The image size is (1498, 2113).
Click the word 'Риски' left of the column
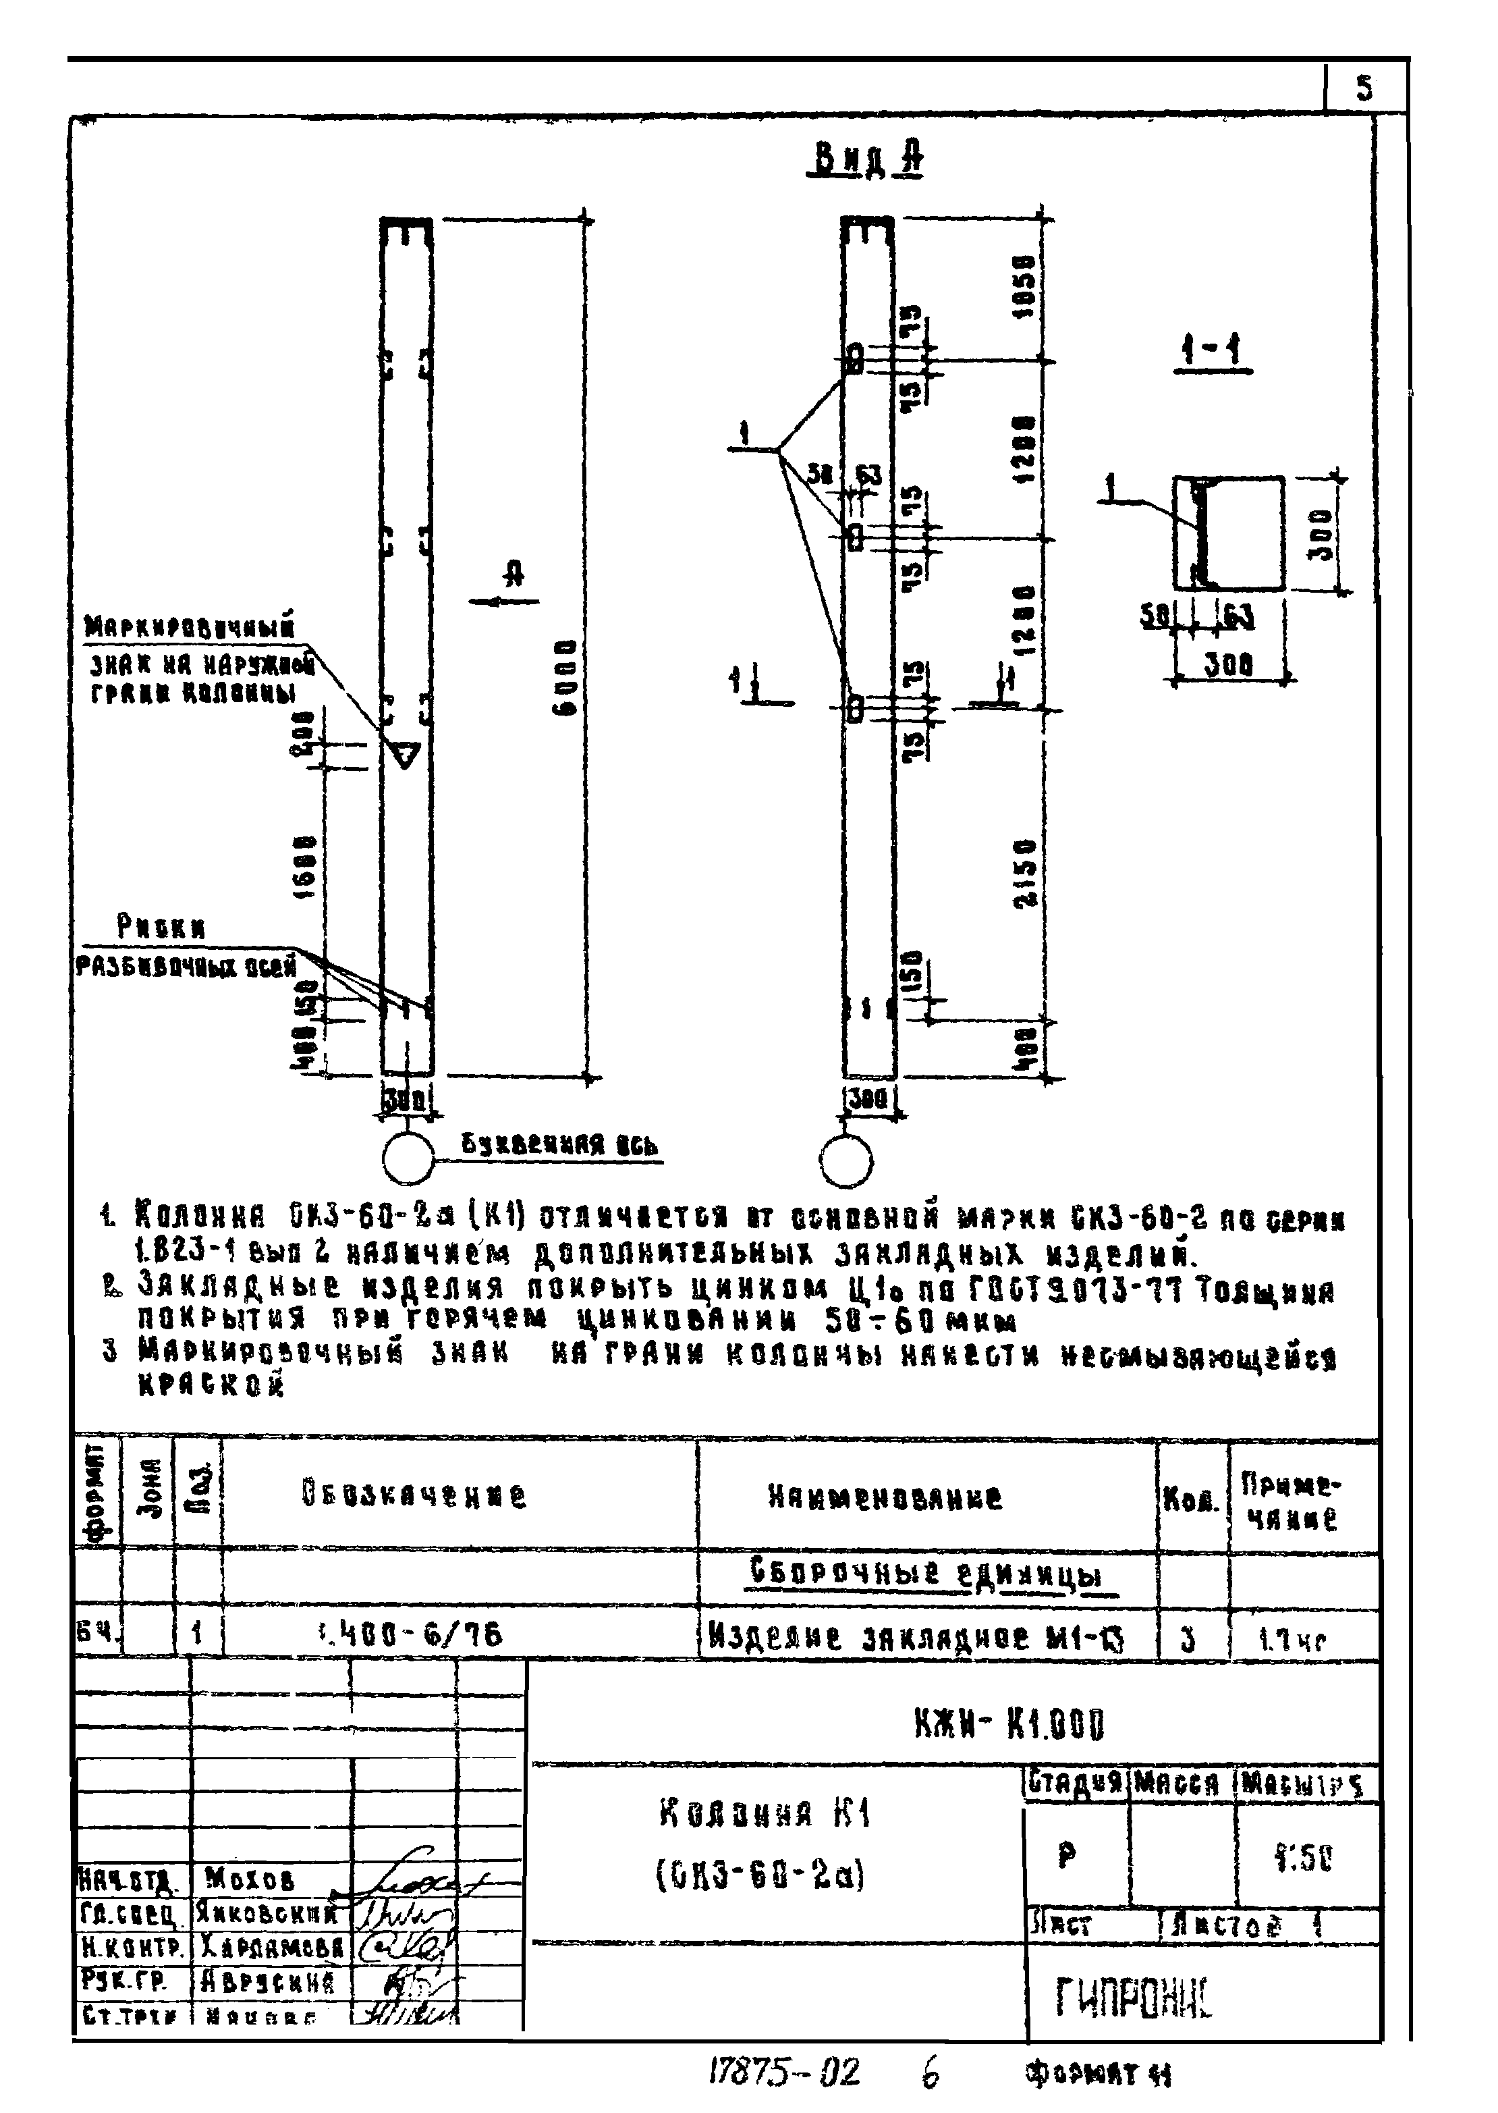161,926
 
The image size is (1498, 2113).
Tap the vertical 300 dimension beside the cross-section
1322,533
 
